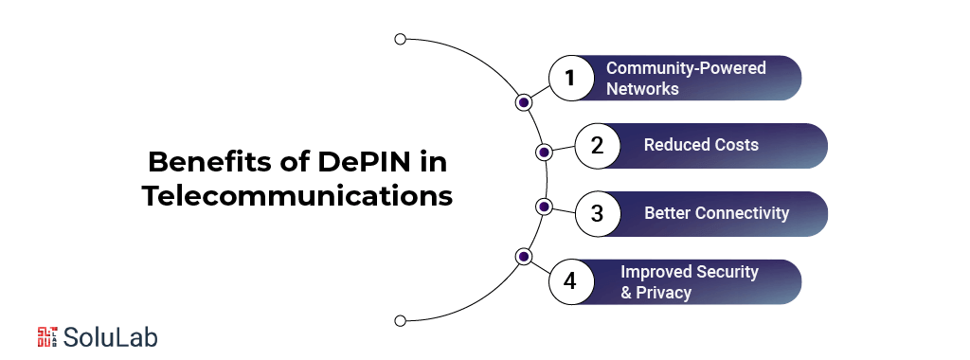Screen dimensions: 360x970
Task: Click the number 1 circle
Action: coord(569,79)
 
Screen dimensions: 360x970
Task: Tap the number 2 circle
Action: coord(596,146)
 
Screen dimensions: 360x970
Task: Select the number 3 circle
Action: coord(596,214)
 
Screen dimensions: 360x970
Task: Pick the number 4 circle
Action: coord(569,282)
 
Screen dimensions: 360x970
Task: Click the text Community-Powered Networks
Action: coord(686,79)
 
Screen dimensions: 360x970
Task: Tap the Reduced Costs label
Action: coord(701,145)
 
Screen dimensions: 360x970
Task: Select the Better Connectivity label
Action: coord(716,213)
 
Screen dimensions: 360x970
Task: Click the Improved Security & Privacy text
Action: coord(689,282)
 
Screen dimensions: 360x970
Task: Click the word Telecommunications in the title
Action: coord(297,197)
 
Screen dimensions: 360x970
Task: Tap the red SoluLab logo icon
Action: coord(48,336)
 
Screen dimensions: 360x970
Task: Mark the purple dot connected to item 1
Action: coord(523,102)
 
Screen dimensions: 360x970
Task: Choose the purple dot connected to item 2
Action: coord(544,152)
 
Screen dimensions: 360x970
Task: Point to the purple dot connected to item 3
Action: coord(544,207)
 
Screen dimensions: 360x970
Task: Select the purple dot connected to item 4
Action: coord(523,256)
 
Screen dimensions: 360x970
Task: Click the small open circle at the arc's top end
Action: coord(400,40)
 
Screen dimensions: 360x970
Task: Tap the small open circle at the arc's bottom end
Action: coord(400,319)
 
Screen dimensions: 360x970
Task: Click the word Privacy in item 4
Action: coord(663,293)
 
